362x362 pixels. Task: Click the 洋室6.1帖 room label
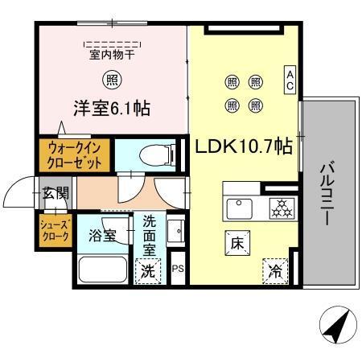coord(113,107)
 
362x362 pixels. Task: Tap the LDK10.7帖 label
coord(241,146)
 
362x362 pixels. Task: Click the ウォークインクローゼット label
coord(74,154)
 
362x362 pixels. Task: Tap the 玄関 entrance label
coord(56,193)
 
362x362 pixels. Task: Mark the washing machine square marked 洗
coord(148,271)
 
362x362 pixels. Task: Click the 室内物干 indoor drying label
coord(110,56)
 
